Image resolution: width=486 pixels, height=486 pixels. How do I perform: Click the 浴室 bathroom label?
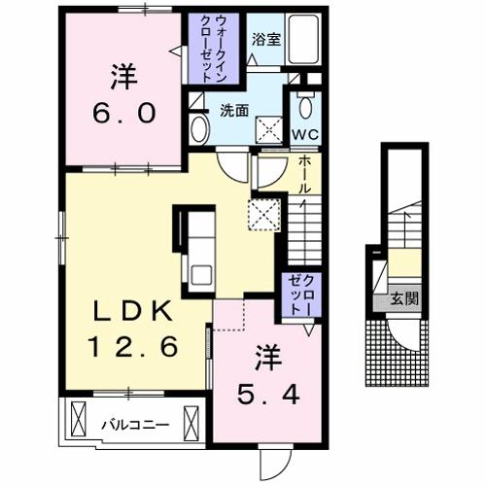click(266, 40)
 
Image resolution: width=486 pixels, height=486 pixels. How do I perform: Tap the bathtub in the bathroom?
click(303, 40)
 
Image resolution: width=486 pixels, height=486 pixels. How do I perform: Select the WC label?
click(305, 134)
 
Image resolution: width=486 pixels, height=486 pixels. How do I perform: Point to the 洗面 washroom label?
click(234, 111)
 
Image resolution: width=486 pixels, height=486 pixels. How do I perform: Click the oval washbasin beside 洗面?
click(199, 129)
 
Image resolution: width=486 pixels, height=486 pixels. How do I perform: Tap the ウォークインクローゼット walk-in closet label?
click(213, 49)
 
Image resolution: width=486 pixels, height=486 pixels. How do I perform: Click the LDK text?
click(132, 311)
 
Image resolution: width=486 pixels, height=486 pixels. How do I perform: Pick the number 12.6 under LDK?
click(133, 346)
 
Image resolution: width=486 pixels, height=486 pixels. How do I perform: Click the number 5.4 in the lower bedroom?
click(268, 395)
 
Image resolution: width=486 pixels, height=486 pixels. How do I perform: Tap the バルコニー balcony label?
click(135, 425)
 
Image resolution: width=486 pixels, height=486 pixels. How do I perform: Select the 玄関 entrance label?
click(404, 298)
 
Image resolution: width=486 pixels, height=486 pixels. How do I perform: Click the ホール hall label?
click(304, 176)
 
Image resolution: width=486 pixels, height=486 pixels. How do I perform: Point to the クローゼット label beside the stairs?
click(301, 295)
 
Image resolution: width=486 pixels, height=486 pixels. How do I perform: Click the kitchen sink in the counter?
click(201, 275)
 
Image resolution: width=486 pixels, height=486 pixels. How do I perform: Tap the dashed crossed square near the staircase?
click(264, 215)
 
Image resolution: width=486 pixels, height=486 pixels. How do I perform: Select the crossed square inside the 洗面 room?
click(269, 129)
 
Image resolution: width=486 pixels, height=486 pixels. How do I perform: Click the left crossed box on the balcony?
click(78, 420)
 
